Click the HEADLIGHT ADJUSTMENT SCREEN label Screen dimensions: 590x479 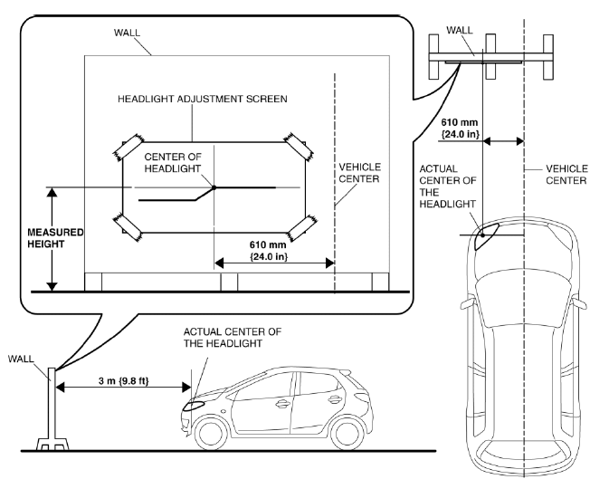[203, 99]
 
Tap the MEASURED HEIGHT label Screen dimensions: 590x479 [55, 238]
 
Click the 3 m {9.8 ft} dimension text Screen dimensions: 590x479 [124, 380]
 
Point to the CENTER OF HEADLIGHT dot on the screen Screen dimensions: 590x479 [214, 187]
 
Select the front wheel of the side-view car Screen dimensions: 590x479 [211, 433]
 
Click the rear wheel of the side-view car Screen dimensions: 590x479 [346, 433]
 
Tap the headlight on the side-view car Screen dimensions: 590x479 [193, 406]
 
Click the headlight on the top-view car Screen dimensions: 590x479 [485, 236]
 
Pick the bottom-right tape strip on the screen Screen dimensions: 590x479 [301, 227]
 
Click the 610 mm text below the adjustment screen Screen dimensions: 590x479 [268, 244]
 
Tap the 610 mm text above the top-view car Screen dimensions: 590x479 [460, 122]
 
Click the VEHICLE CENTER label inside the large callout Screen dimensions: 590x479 [359, 173]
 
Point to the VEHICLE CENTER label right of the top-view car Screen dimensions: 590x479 [566, 175]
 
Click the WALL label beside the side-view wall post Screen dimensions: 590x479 [21, 359]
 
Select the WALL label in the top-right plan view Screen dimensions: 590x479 [460, 30]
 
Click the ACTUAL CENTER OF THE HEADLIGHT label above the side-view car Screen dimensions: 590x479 [233, 338]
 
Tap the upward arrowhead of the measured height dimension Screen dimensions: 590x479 [52, 192]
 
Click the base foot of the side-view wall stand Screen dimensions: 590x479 [52, 445]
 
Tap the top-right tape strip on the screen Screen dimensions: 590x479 [299, 146]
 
